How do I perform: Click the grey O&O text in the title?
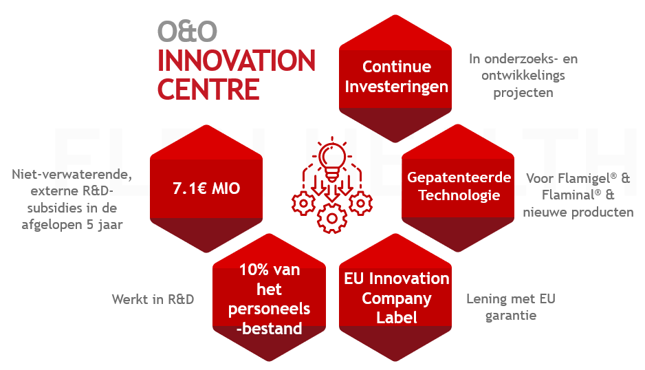(x=187, y=32)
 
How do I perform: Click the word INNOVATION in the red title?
(x=237, y=61)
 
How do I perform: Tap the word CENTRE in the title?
(x=208, y=89)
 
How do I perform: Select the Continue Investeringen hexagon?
(x=395, y=78)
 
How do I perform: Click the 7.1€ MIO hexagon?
(x=206, y=188)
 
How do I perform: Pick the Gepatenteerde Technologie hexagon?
(x=458, y=188)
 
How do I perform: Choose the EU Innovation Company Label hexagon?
(x=395, y=298)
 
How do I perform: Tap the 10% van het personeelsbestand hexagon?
(x=269, y=298)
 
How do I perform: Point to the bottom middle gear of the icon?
(x=332, y=218)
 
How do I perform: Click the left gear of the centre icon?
(x=303, y=204)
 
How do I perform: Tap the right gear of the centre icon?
(x=361, y=204)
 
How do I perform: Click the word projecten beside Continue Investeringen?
(x=523, y=93)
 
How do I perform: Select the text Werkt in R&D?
(x=153, y=299)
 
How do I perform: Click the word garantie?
(x=511, y=316)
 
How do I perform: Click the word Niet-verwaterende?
(x=72, y=175)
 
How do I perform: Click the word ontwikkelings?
(x=523, y=76)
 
